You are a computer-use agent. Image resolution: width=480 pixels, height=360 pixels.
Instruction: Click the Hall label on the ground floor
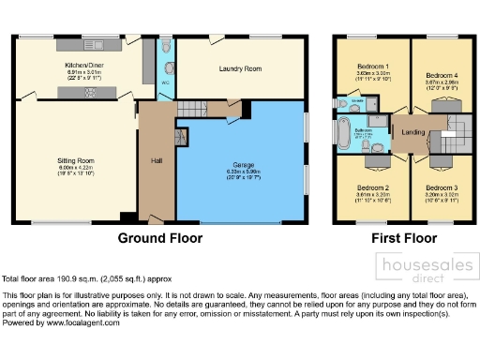tap(156, 160)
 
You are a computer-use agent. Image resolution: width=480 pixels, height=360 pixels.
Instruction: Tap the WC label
tap(165, 82)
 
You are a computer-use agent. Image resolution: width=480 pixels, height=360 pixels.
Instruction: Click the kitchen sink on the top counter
tap(97, 45)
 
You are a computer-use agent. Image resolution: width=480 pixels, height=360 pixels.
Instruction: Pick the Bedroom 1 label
tap(371, 67)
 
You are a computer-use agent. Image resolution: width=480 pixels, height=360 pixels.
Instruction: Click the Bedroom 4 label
tap(442, 74)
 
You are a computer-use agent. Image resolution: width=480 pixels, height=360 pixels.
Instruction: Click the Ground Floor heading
tap(158, 239)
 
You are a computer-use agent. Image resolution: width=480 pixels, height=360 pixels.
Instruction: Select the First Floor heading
tap(405, 239)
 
